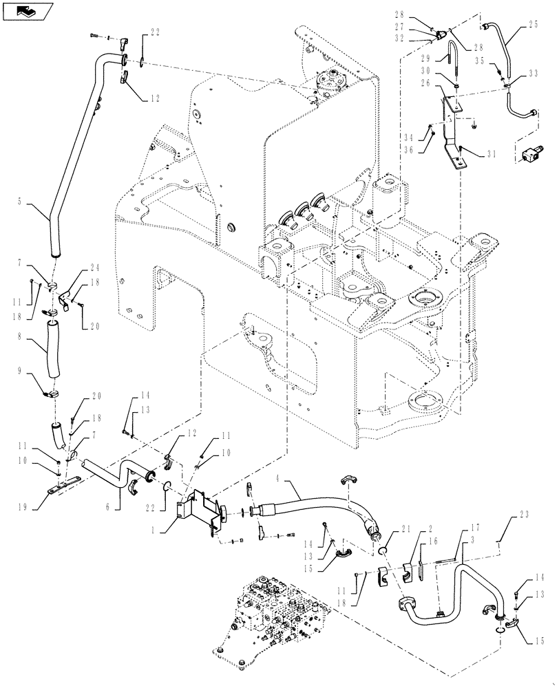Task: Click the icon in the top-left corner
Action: click(x=27, y=10)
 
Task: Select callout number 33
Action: click(x=534, y=72)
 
